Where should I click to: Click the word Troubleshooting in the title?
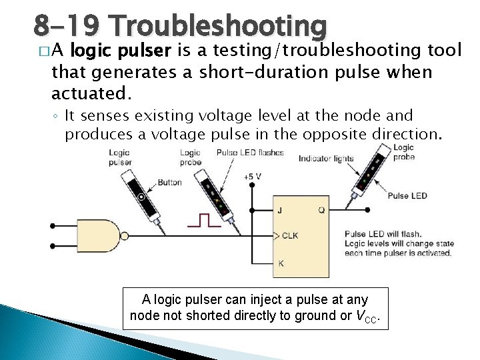[x=220, y=26]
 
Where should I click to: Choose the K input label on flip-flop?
[x=281, y=263]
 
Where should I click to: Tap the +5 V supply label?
[x=252, y=177]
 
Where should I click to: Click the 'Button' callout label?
[x=169, y=182]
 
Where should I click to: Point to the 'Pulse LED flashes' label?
[x=250, y=153]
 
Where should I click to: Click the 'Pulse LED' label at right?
[x=407, y=195]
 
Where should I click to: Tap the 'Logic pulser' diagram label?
[x=120, y=157]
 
